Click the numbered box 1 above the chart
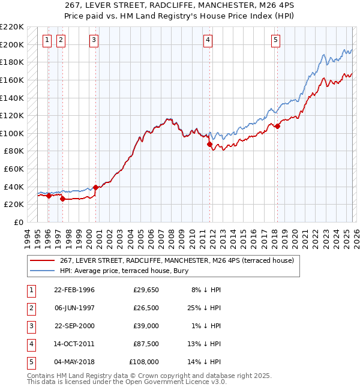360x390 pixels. coord(47,40)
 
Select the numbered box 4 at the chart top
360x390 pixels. coord(208,40)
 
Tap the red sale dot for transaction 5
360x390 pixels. coord(277,126)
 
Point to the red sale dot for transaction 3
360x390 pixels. coord(95,187)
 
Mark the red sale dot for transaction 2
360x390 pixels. coord(62,199)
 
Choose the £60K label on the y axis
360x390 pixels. coord(14,169)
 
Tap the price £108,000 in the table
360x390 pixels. coord(144,362)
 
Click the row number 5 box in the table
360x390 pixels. coord(31,362)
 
